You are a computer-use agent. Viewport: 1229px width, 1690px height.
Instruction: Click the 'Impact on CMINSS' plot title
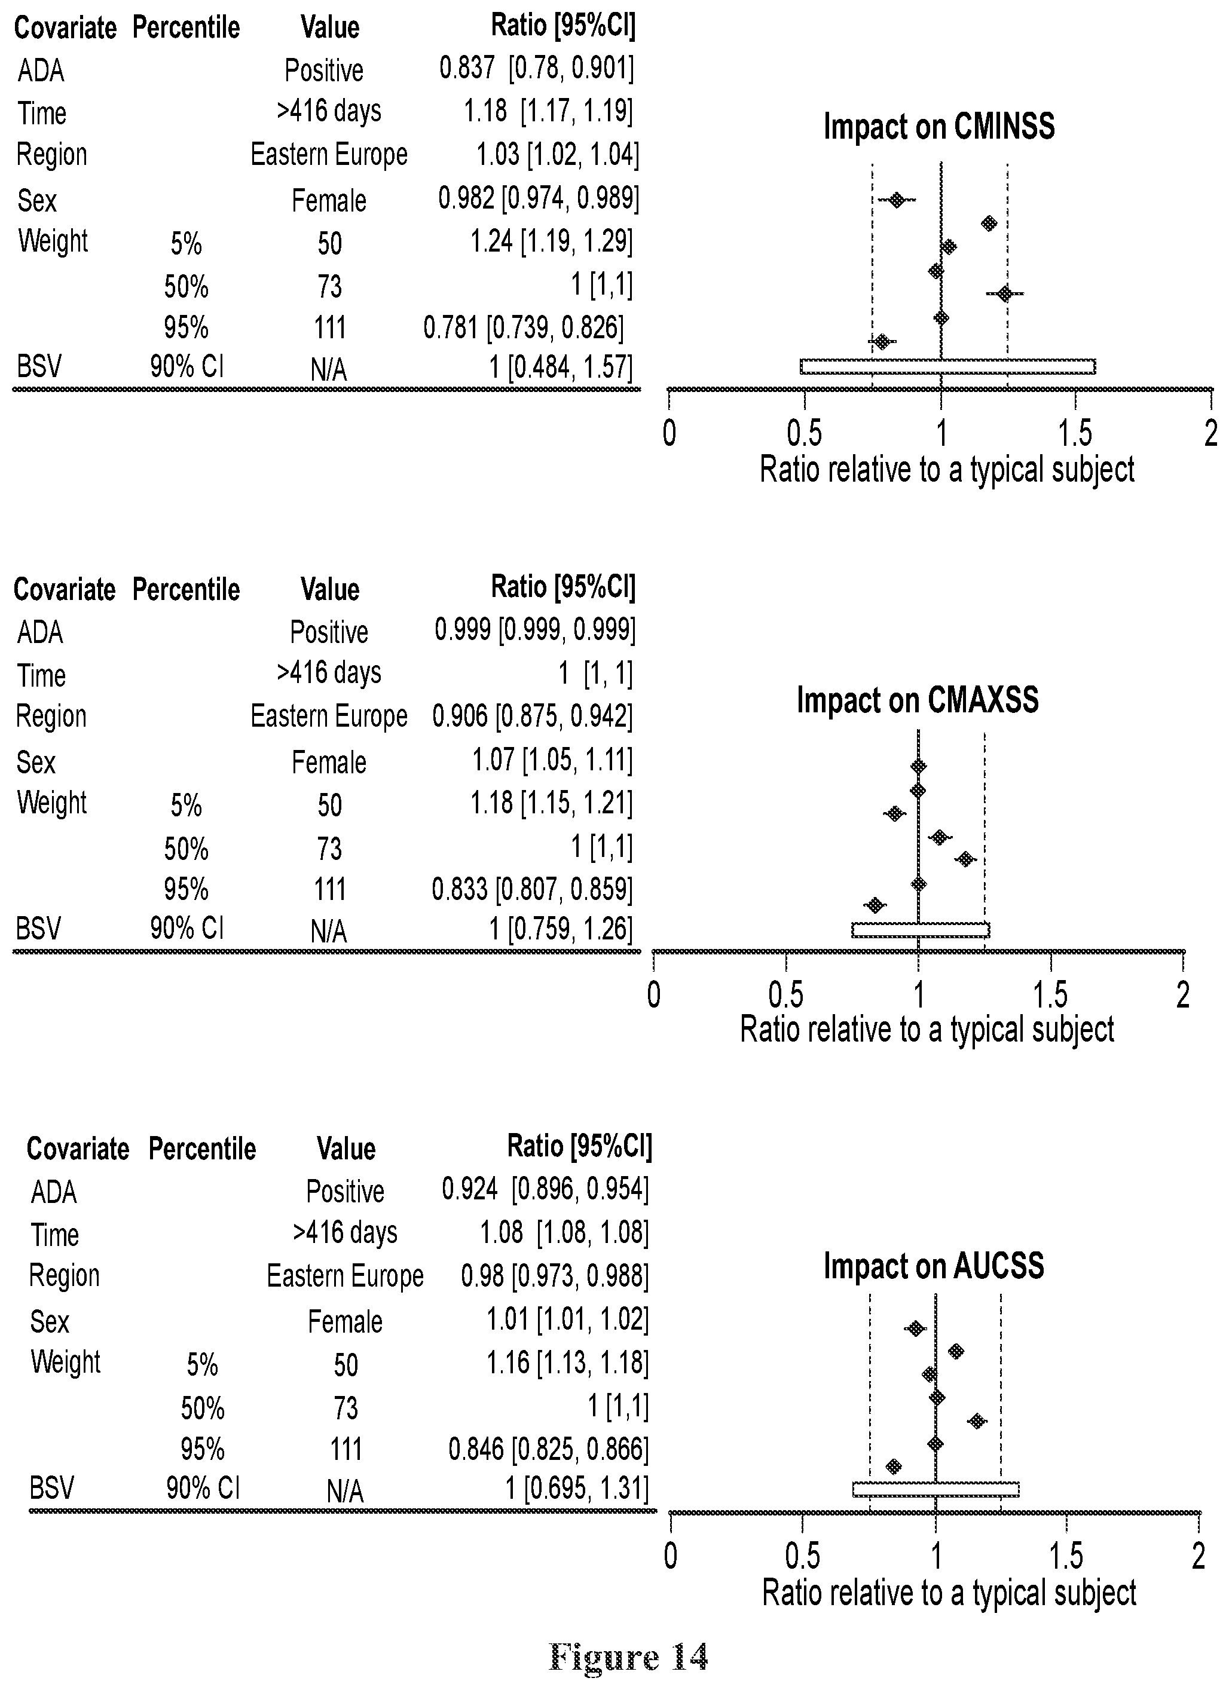939,127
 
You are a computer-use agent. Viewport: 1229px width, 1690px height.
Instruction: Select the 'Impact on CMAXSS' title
918,700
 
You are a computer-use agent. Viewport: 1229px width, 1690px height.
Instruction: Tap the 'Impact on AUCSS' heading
934,1266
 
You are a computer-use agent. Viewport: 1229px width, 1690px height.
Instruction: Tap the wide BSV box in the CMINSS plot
948,366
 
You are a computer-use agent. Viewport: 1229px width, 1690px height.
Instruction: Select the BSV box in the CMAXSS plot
921,930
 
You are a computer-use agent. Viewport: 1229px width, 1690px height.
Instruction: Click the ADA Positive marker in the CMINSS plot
897,200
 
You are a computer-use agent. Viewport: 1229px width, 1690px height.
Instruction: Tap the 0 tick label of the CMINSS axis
669,433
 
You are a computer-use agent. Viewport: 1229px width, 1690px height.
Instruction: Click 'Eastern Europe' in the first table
329,155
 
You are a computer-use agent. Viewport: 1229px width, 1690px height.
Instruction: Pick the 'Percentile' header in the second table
187,589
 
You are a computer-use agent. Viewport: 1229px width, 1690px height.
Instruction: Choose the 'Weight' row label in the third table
66,1361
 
